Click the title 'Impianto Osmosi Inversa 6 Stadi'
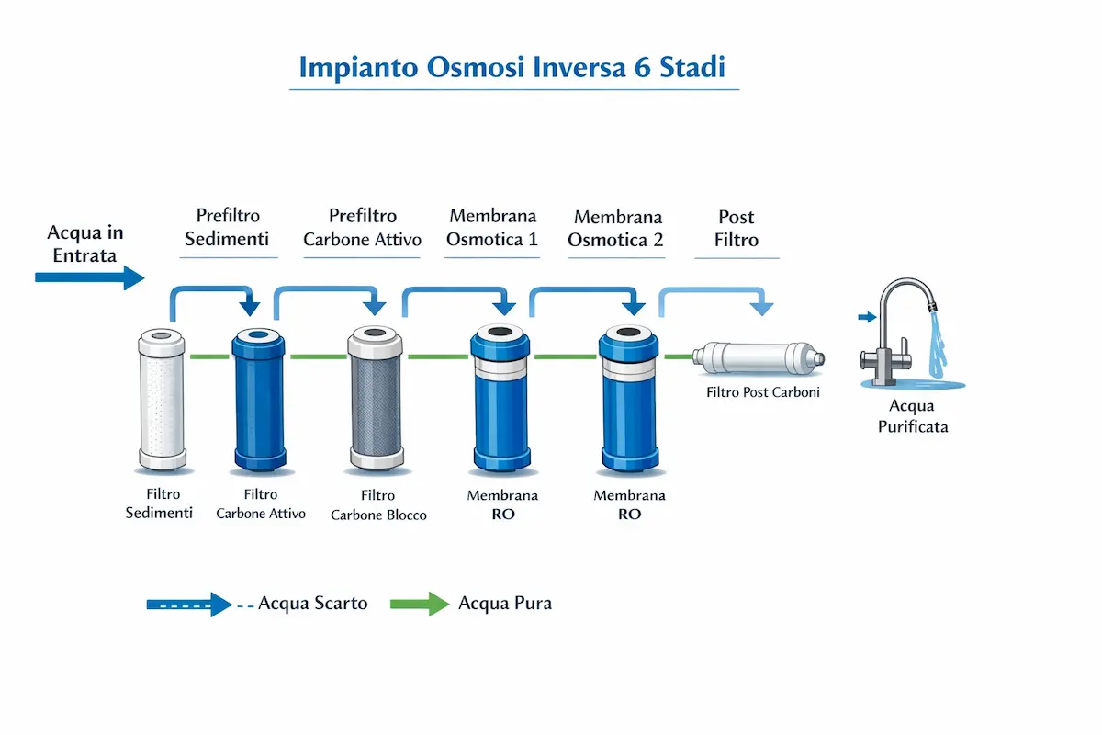click(513, 68)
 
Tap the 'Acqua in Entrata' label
click(84, 243)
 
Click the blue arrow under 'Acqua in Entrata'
click(89, 276)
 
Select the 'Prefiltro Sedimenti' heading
click(228, 228)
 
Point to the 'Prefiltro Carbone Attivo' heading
click(363, 228)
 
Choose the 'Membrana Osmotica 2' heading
click(616, 229)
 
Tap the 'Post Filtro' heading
click(737, 229)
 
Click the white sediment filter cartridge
click(162, 400)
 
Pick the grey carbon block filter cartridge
click(374, 399)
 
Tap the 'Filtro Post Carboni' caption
click(762, 392)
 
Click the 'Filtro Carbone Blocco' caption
click(378, 505)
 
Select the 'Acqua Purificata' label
click(912, 416)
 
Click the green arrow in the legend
click(420, 604)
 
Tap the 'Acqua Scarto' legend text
click(312, 604)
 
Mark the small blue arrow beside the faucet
click(866, 318)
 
